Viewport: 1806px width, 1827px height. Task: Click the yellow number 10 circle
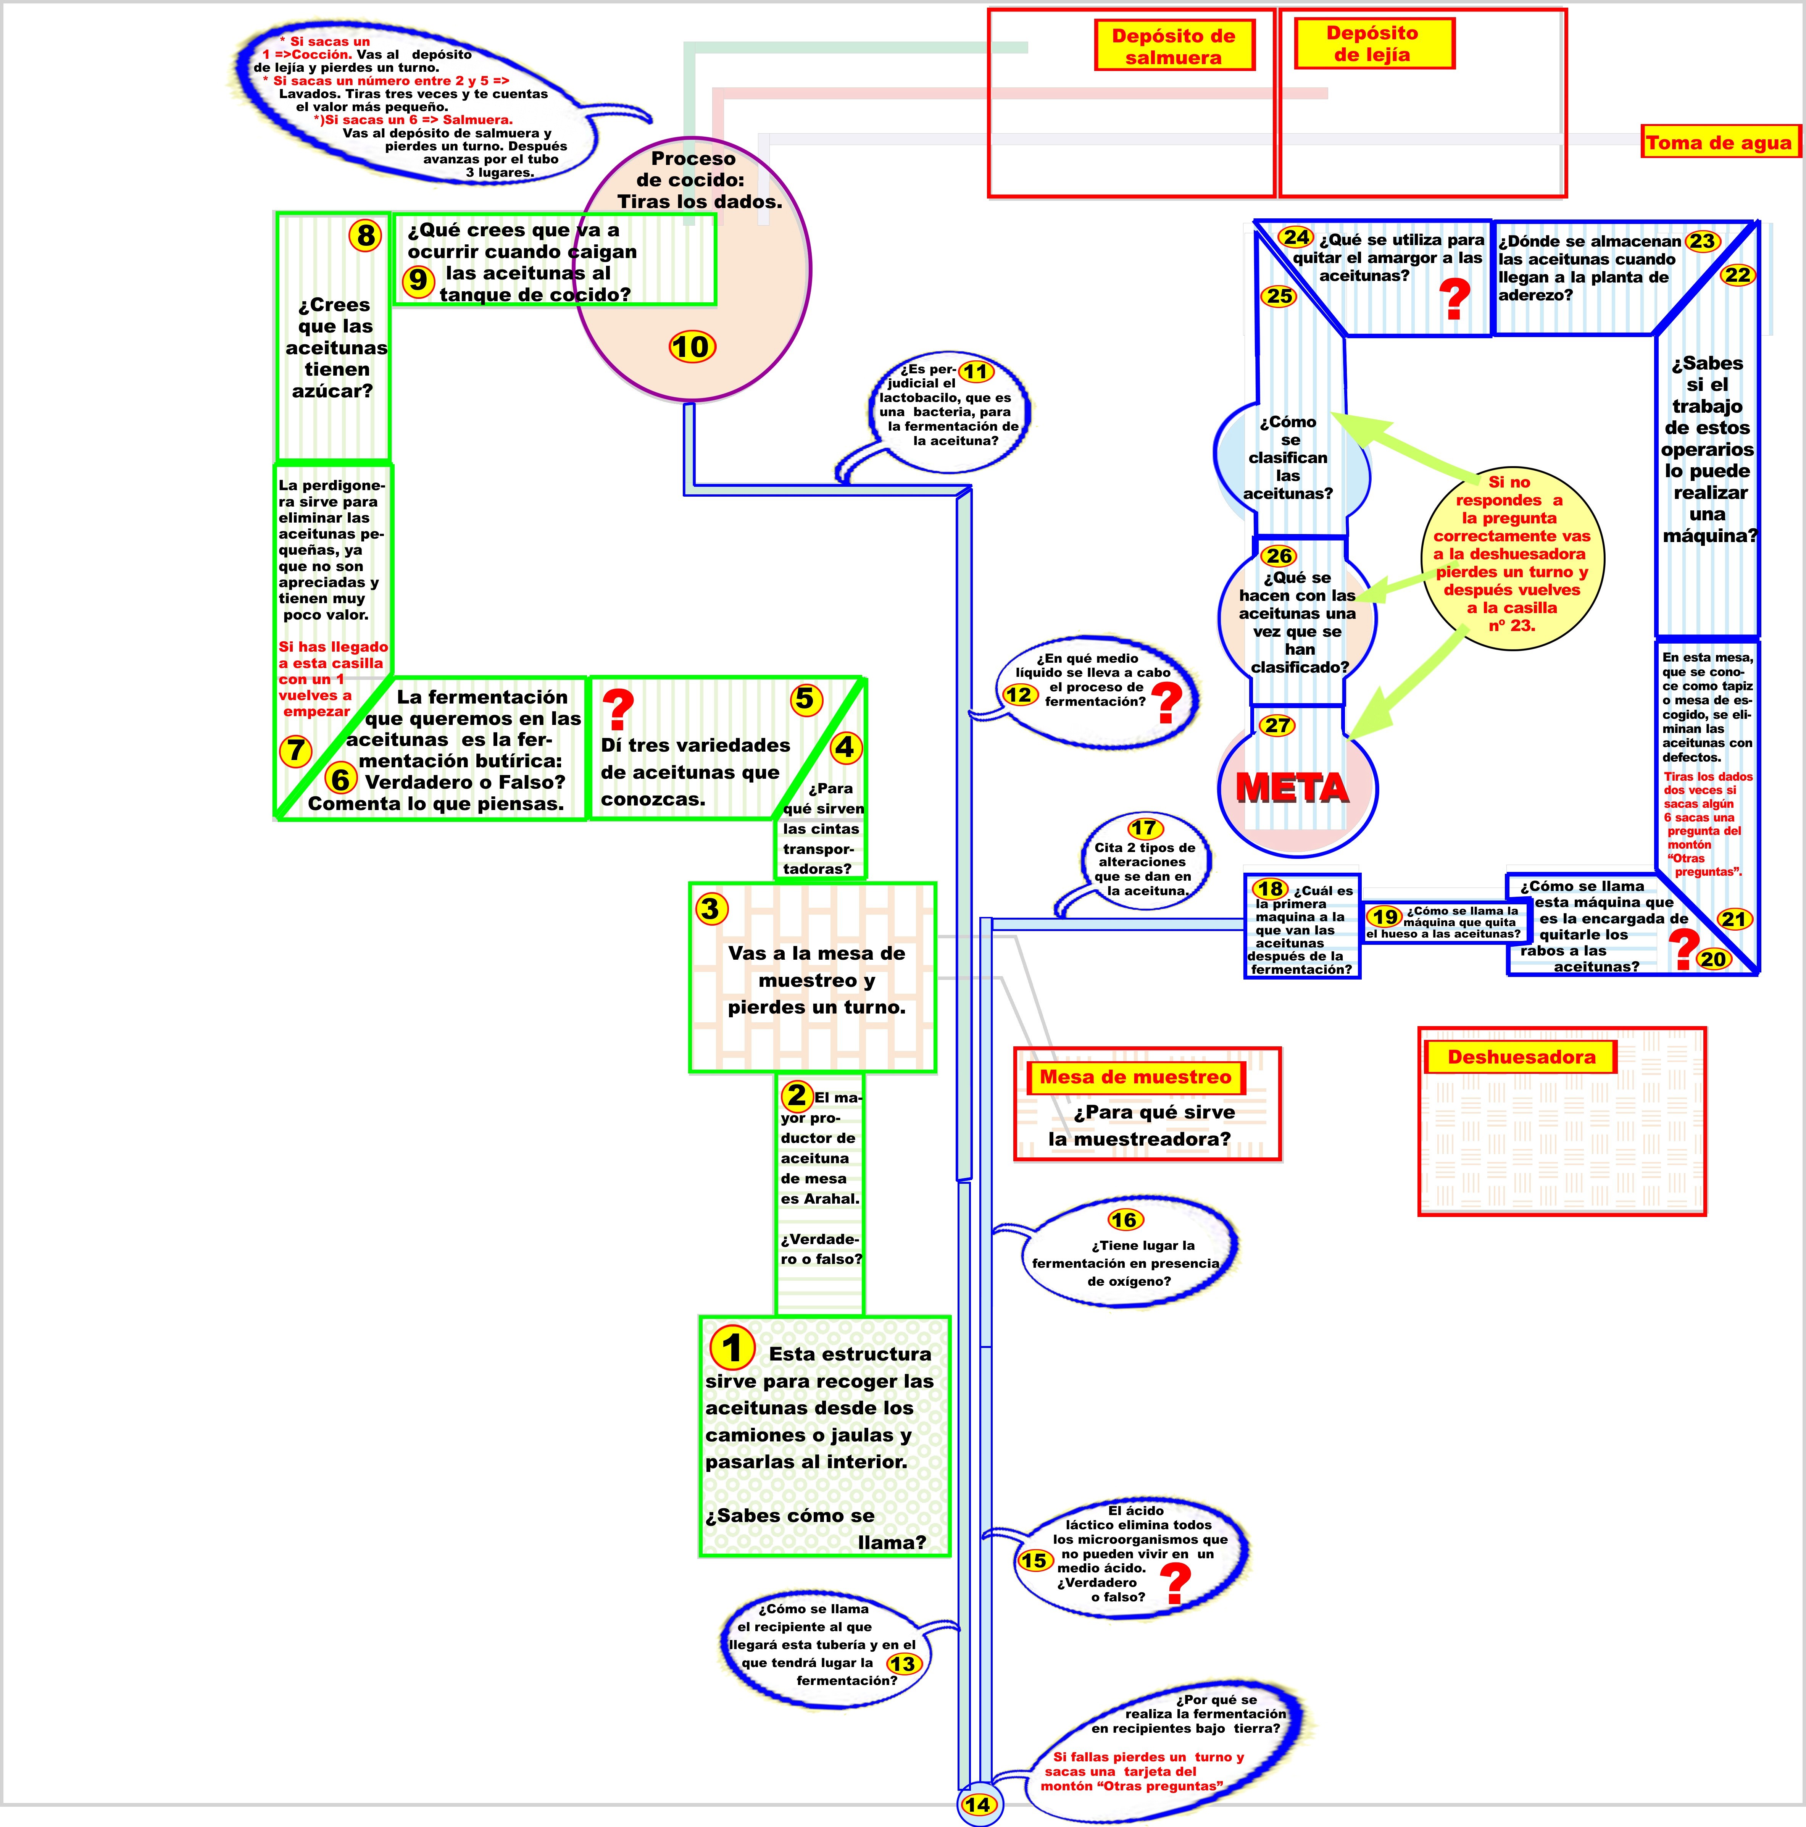tap(692, 347)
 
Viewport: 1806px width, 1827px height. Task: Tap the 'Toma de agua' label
tap(1718, 143)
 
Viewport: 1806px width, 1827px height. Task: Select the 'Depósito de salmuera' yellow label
tap(1174, 46)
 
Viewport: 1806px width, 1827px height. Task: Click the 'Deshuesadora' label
tap(1521, 1057)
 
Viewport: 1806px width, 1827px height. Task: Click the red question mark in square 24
tap(1454, 299)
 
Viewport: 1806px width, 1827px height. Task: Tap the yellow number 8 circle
tap(365, 236)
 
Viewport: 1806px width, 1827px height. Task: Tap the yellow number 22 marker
tap(1738, 275)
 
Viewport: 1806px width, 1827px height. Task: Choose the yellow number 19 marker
tap(1385, 916)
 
